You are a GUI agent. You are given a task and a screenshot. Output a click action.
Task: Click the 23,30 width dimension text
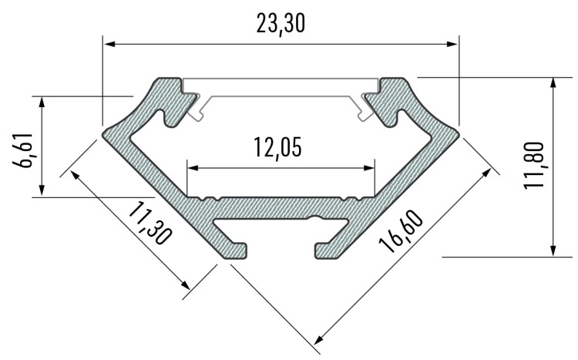(281, 25)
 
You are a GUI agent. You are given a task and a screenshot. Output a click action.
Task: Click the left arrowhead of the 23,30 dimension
(109, 44)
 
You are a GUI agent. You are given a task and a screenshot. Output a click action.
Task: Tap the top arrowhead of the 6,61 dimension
(42, 101)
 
